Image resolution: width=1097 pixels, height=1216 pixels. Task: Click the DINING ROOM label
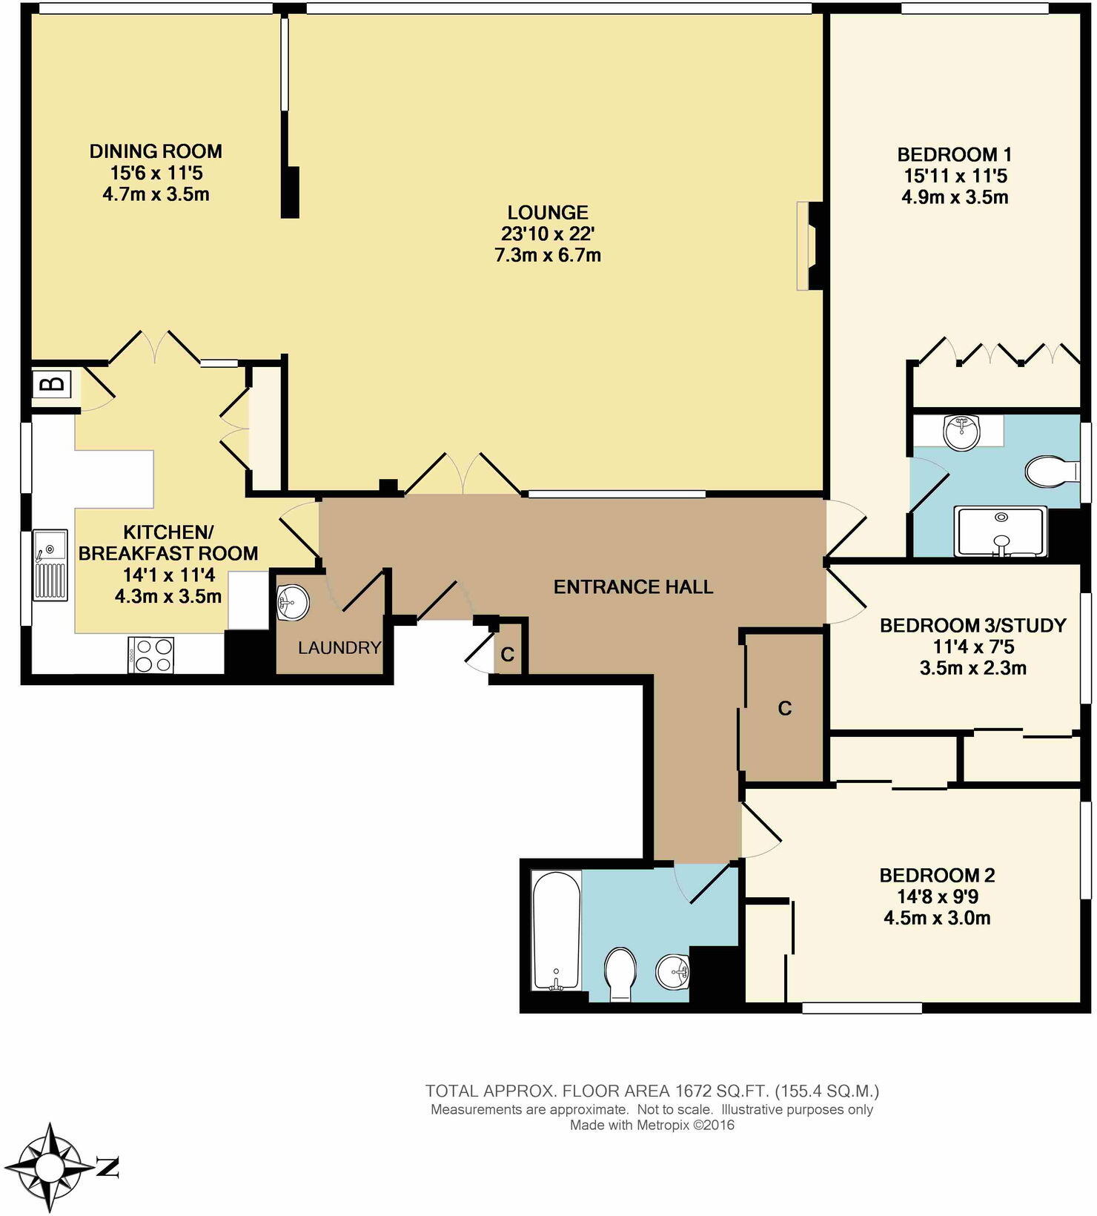pyautogui.click(x=156, y=151)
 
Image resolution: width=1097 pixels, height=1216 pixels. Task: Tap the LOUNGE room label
pyautogui.click(x=548, y=213)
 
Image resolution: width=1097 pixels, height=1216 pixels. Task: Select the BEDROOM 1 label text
pyautogui.click(x=955, y=155)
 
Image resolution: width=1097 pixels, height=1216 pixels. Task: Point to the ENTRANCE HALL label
pyautogui.click(x=634, y=587)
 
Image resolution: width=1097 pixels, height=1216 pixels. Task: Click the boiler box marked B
pyautogui.click(x=52, y=385)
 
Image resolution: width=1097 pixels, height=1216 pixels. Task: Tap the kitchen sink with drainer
pyautogui.click(x=50, y=565)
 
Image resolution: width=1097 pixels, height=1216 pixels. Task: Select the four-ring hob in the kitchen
pyautogui.click(x=150, y=655)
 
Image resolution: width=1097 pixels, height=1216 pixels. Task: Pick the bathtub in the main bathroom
pyautogui.click(x=556, y=930)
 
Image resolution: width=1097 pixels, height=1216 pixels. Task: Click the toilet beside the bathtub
pyautogui.click(x=620, y=974)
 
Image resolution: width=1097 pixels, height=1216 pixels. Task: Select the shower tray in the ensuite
pyautogui.click(x=1001, y=531)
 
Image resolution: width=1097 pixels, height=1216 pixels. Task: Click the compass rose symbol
pyautogui.click(x=50, y=1167)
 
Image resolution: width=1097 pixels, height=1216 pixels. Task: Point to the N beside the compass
pyautogui.click(x=108, y=1167)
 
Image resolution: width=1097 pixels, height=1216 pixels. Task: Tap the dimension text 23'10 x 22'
pyautogui.click(x=548, y=234)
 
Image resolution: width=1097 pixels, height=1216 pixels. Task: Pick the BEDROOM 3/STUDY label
pyautogui.click(x=972, y=625)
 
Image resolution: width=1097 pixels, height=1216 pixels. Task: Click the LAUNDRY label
pyautogui.click(x=339, y=648)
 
